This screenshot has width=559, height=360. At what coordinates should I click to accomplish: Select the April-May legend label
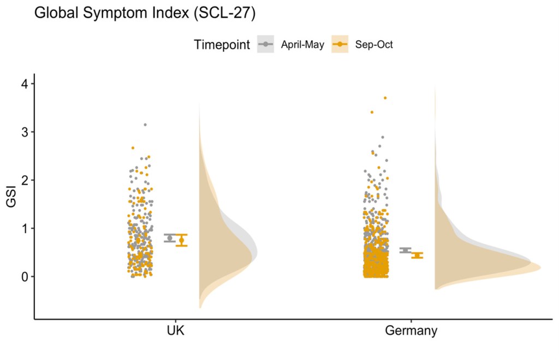(x=302, y=45)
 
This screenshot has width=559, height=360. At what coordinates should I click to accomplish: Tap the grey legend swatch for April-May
(x=265, y=45)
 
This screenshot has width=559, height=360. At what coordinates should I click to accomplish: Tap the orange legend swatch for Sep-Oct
(x=340, y=45)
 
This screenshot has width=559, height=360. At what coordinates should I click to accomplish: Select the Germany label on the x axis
(x=411, y=331)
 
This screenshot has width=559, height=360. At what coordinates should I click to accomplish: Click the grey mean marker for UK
(x=170, y=238)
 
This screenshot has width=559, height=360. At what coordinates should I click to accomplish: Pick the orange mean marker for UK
(x=182, y=240)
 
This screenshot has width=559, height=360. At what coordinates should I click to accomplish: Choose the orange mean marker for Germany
(x=417, y=255)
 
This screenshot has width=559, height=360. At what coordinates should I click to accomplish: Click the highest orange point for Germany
(x=385, y=98)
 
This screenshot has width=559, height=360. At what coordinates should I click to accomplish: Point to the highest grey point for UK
(x=145, y=125)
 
